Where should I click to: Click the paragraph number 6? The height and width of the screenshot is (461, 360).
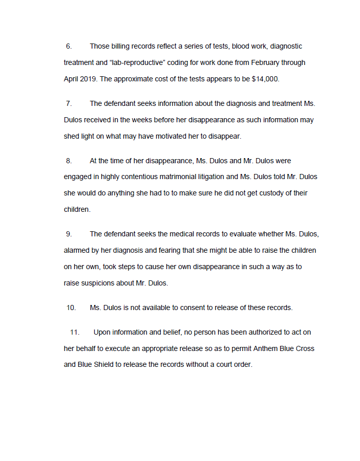[69, 47]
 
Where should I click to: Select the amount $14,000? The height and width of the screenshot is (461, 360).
[265, 79]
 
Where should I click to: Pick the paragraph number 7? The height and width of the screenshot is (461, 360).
[69, 104]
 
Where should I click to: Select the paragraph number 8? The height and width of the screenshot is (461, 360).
[69, 161]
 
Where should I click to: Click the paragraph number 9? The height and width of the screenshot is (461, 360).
[69, 234]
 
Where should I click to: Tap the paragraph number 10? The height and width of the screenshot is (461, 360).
[71, 308]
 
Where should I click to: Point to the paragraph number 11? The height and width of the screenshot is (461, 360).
[75, 333]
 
